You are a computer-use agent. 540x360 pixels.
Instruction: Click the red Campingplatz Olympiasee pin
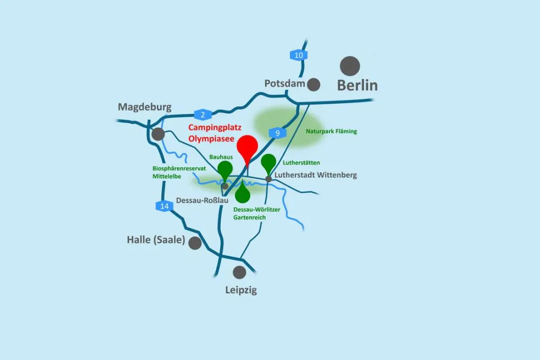point(248,147)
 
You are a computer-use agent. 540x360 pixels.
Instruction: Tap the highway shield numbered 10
point(298,55)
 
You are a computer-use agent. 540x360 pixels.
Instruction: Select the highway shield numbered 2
point(202,114)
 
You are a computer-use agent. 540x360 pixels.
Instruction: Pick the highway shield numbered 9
point(277,132)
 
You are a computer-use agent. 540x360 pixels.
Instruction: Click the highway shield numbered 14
point(164,206)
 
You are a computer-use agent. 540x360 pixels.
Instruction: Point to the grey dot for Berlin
point(350,66)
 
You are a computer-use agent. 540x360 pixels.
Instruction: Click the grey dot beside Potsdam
point(313,84)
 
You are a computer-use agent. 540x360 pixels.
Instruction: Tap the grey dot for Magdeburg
point(158,134)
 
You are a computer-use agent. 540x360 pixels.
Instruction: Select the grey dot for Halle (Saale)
point(195,243)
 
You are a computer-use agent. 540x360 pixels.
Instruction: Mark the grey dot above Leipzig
point(239,273)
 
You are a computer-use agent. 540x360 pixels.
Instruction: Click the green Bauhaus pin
point(225,169)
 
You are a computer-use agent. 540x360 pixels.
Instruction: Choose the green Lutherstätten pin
point(268,162)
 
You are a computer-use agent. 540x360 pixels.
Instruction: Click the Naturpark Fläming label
point(332,131)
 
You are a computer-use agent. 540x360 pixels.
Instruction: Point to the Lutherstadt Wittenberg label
point(316,175)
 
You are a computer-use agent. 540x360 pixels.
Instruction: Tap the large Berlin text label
point(357,85)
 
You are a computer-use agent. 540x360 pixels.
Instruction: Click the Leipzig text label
point(241,290)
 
